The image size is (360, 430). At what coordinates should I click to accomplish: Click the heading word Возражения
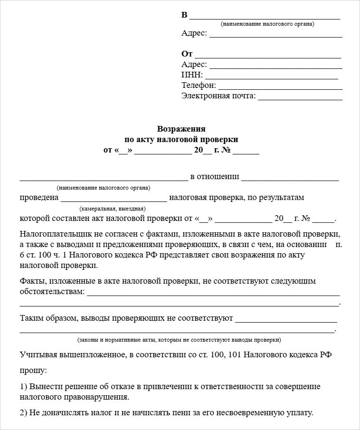tap(181, 129)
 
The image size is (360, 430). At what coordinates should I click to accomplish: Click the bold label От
tap(187, 54)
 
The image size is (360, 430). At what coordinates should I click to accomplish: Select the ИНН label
tap(192, 75)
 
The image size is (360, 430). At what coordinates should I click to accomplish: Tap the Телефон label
tap(199, 86)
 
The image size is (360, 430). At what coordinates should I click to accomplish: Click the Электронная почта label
tap(218, 96)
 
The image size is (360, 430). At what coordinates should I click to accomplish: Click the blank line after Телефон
tap(280, 87)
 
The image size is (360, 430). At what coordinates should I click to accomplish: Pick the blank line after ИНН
tap(271, 77)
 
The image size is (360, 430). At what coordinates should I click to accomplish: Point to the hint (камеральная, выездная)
tap(113, 209)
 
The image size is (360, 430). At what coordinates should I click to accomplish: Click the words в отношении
tap(214, 177)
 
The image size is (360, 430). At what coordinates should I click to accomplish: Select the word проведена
tap(39, 197)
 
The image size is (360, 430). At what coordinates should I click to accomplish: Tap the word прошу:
tap(33, 369)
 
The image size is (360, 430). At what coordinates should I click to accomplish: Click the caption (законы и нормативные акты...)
tap(179, 340)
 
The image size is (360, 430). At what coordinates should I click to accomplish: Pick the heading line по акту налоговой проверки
tap(181, 139)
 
